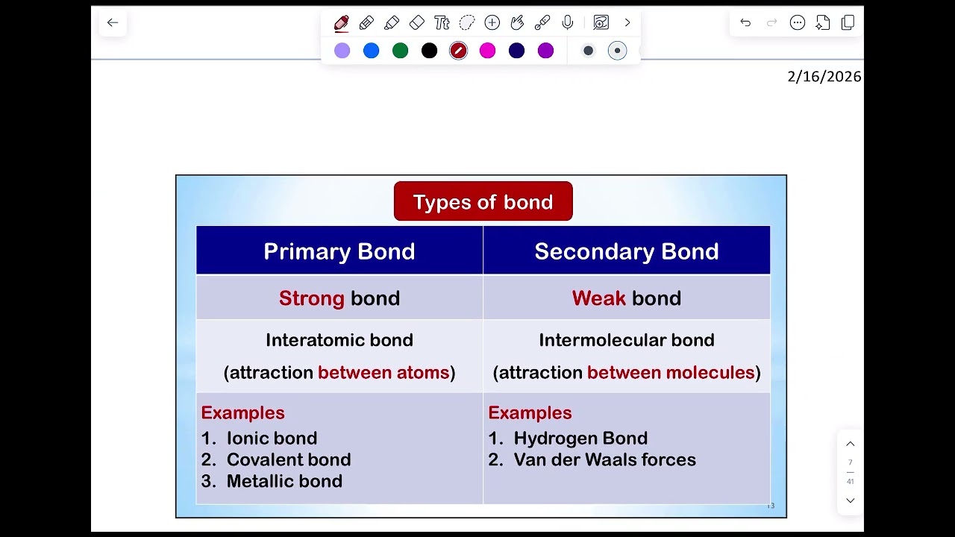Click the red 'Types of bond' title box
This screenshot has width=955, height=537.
[483, 201]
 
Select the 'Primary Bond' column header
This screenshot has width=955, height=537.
[339, 251]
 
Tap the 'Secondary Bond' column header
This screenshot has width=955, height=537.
[626, 251]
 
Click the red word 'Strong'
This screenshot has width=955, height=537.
[311, 298]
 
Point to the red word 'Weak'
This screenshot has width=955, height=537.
[598, 298]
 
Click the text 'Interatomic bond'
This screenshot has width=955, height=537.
[339, 340]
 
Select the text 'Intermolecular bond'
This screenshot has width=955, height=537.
[626, 340]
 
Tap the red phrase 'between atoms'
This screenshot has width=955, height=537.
[383, 372]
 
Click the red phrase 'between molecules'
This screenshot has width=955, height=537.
[671, 372]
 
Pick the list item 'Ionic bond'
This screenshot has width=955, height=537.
[272, 438]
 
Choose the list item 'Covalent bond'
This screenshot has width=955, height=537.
[288, 459]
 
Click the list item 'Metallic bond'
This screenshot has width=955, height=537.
[284, 481]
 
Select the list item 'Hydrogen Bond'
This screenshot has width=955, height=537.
[580, 438]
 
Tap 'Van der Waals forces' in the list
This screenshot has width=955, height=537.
[604, 459]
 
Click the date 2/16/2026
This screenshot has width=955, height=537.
[824, 76]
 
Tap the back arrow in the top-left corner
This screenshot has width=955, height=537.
[113, 22]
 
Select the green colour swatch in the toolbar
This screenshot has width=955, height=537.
[400, 51]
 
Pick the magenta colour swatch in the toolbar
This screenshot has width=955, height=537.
[487, 51]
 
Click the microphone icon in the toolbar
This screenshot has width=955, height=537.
[568, 22]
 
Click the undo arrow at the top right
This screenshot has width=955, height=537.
[745, 22]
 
